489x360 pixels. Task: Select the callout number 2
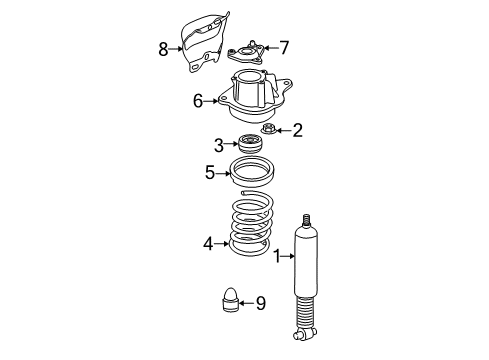pyautogui.click(x=296, y=130)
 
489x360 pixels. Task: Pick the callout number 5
pyautogui.click(x=210, y=173)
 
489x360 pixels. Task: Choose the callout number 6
pyautogui.click(x=198, y=100)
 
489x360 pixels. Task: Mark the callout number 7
pyautogui.click(x=284, y=47)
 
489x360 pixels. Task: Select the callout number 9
pyautogui.click(x=259, y=302)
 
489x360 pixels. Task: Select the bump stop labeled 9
pyautogui.click(x=230, y=301)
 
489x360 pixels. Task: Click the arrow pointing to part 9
pyautogui.click(x=246, y=302)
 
